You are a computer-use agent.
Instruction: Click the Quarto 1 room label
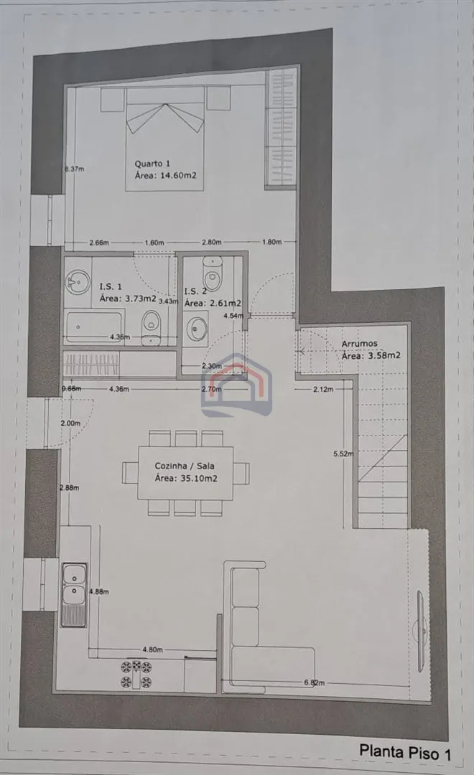coord(153,164)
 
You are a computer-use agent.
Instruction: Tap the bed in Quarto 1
coord(164,138)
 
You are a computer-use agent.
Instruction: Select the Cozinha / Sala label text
coord(185,466)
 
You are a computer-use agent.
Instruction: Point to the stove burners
coord(136,675)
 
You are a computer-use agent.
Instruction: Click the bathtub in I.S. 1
coord(95,327)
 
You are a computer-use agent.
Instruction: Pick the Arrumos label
coord(359,344)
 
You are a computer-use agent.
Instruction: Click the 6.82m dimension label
coord(314,682)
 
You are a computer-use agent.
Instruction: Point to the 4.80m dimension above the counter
coord(152,649)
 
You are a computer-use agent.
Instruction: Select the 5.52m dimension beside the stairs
coord(343,454)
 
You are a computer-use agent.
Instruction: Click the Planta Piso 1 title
coord(405,753)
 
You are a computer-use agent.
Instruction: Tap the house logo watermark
coord(236,384)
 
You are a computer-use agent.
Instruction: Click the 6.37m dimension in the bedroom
coord(74,169)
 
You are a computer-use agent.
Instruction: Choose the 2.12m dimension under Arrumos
coord(323,390)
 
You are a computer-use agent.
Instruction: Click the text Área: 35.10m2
coord(186,479)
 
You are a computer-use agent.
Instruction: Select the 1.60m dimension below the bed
coord(154,243)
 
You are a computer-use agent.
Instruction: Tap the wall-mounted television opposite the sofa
coord(421,631)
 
